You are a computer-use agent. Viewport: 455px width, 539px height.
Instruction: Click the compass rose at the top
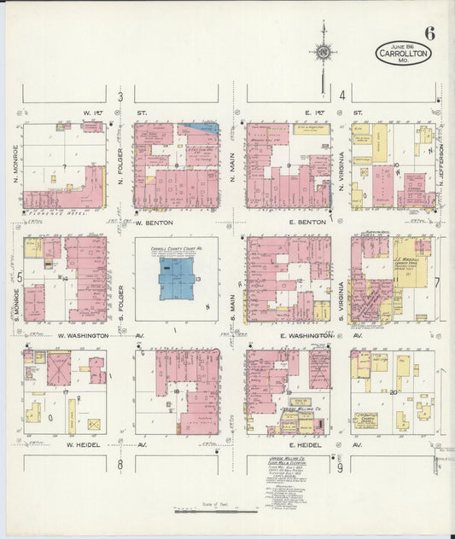pos(324,50)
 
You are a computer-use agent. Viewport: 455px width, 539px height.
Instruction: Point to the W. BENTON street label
pos(155,223)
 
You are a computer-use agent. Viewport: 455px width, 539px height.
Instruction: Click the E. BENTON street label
pos(303,223)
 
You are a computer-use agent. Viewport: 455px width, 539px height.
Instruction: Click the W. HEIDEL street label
pos(83,444)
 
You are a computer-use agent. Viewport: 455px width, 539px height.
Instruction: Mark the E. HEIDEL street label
pos(304,444)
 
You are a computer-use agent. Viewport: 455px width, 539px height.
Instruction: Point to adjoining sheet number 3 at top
pos(120,96)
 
